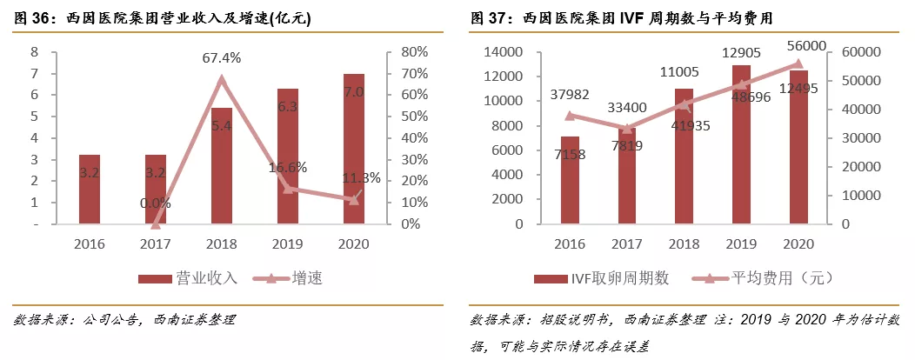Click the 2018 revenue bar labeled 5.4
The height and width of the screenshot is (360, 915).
point(222,165)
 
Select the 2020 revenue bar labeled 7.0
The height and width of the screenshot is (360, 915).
point(353,148)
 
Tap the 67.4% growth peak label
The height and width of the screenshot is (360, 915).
point(221,58)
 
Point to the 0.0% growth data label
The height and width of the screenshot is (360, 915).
point(156,203)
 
